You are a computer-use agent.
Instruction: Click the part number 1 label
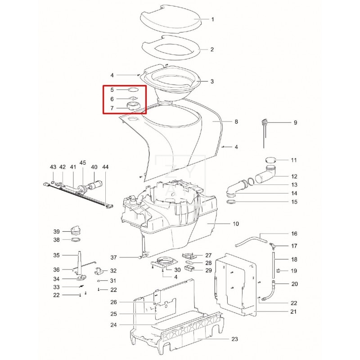coord(212,19)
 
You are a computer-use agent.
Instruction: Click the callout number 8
coord(236,122)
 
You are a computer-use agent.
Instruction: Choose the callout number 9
coord(295,122)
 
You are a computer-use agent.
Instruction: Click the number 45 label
coord(82,162)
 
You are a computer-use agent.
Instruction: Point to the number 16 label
coord(294,234)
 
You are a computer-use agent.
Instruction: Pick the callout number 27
coord(208,255)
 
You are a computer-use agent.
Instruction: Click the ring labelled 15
coord(231,202)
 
